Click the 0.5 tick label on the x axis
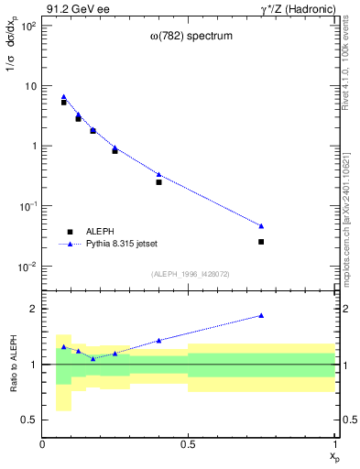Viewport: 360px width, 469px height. point(188,444)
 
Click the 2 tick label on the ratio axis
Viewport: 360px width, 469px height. point(33,309)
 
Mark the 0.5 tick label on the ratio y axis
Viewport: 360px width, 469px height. point(29,420)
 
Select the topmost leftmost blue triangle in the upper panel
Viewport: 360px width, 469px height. point(63,96)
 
